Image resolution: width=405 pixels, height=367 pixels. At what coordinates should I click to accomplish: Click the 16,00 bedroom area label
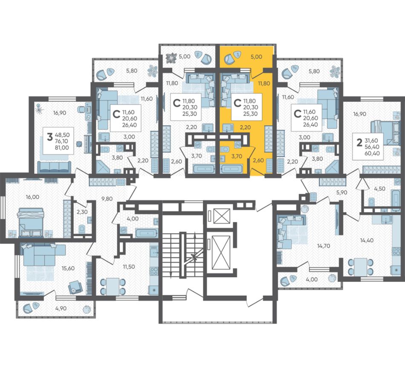32,197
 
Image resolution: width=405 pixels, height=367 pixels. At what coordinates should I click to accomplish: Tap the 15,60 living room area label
68,268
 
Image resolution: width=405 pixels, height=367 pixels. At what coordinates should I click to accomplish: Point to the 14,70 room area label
324,246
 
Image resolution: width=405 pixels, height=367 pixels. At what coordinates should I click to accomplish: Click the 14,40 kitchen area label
367,240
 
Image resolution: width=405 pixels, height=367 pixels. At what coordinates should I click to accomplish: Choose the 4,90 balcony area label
61,308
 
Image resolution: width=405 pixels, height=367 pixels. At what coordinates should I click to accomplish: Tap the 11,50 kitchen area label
128,267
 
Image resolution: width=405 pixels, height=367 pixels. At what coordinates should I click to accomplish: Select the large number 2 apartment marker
359,143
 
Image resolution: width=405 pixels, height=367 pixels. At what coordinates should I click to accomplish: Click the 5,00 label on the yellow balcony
256,57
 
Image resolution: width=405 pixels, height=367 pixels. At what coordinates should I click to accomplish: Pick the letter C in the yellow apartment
237,103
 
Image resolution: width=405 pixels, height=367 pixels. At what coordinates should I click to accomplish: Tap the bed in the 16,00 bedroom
30,222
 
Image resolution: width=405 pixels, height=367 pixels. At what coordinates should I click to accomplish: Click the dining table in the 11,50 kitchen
113,287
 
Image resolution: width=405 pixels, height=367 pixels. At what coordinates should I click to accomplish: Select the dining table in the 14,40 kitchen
361,267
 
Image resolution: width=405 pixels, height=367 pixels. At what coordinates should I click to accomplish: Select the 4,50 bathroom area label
379,189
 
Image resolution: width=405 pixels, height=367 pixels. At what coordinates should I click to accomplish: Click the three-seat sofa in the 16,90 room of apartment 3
54,167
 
